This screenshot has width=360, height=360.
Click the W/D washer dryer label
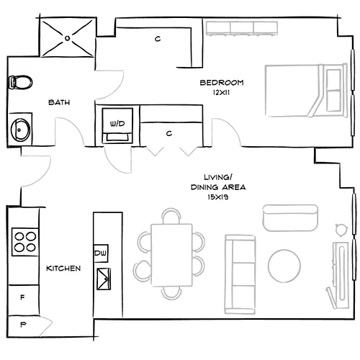coord(115,124)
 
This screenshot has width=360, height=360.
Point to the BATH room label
coord(58,103)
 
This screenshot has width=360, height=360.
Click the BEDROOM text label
coord(222,83)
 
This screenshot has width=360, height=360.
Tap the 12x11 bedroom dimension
coord(222,92)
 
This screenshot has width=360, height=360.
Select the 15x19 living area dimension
coord(217,195)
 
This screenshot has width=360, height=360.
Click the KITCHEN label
coord(63,269)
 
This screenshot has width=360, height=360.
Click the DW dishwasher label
coord(101,253)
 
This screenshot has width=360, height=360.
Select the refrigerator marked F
coord(22,297)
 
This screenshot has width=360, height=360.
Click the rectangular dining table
coord(173,254)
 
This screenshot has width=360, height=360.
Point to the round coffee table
coord(285,266)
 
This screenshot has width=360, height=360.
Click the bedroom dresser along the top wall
coord(242,28)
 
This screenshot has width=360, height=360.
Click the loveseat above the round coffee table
coord(290,217)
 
